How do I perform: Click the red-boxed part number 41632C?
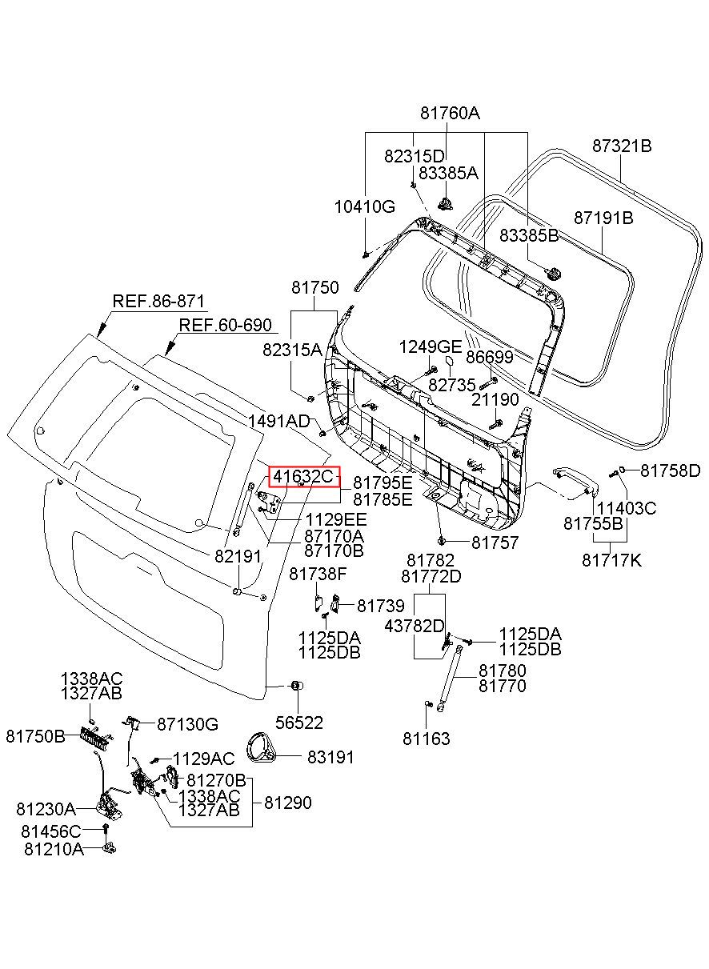click(303, 477)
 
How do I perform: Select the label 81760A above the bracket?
click(450, 114)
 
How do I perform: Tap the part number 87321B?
click(622, 146)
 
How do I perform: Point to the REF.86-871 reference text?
click(158, 301)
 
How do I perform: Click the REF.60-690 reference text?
click(226, 325)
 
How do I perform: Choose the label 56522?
click(299, 723)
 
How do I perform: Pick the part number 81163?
click(426, 739)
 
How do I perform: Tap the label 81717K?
click(611, 560)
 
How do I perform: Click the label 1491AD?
click(279, 420)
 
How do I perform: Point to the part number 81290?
click(287, 803)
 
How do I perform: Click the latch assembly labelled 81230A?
click(109, 806)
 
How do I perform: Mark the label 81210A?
click(54, 849)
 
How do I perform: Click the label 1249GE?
click(431, 346)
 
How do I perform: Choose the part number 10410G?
click(365, 206)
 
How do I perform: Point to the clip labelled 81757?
click(442, 540)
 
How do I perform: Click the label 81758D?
click(671, 470)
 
